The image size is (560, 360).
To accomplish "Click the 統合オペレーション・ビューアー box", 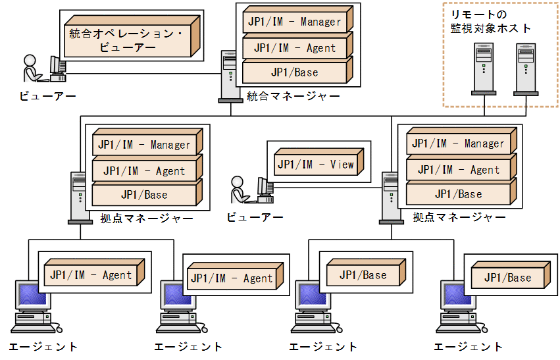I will (x=129, y=40).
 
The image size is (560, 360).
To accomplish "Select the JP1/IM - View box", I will (x=315, y=165).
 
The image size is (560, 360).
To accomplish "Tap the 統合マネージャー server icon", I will (x=228, y=76).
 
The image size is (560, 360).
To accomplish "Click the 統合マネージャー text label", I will (x=293, y=97).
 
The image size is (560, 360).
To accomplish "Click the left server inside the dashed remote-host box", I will (x=484, y=68).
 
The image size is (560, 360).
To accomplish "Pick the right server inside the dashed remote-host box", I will (x=525, y=68).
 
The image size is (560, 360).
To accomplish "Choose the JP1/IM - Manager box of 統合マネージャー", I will (x=294, y=22).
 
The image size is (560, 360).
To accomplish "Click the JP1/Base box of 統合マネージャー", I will (x=294, y=72).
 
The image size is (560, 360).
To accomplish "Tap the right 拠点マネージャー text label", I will (x=459, y=217).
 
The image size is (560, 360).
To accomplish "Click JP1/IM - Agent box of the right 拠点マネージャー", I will (x=458, y=170).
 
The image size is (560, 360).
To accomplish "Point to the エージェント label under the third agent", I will (x=323, y=347).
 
